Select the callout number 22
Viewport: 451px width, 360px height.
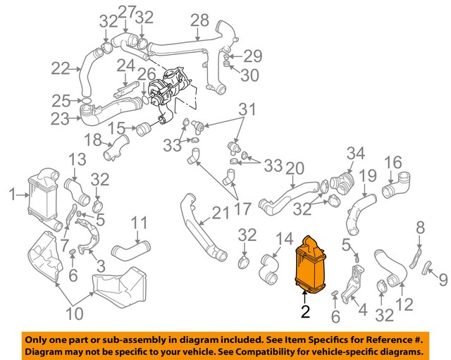point(60,69)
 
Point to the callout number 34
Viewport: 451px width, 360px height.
point(356,152)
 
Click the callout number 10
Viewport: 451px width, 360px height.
point(74,312)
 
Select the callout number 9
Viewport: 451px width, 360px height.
point(443,281)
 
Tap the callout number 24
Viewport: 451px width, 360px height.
point(125,66)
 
